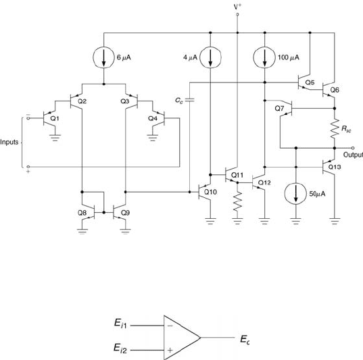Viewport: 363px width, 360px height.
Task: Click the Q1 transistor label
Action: (55, 118)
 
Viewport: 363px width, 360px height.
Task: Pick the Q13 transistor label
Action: (335, 167)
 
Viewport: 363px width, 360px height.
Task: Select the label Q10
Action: (210, 192)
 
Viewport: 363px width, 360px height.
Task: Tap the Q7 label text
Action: (279, 108)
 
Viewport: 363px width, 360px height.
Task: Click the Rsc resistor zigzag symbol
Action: (335, 129)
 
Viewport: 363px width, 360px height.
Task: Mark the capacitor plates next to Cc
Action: (189, 100)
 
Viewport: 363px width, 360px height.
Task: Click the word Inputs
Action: (9, 142)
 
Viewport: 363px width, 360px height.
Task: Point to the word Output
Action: (353, 155)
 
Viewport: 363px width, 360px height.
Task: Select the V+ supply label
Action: (237, 7)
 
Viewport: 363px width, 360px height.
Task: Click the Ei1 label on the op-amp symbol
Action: (120, 324)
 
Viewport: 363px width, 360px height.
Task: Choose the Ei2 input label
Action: (120, 349)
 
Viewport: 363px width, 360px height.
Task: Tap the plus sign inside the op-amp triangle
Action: (170, 350)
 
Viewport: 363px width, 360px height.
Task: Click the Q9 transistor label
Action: (125, 213)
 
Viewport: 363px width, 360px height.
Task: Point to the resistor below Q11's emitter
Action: (237, 201)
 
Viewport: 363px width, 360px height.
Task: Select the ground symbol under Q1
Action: (55, 137)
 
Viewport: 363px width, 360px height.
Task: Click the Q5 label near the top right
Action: (310, 82)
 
